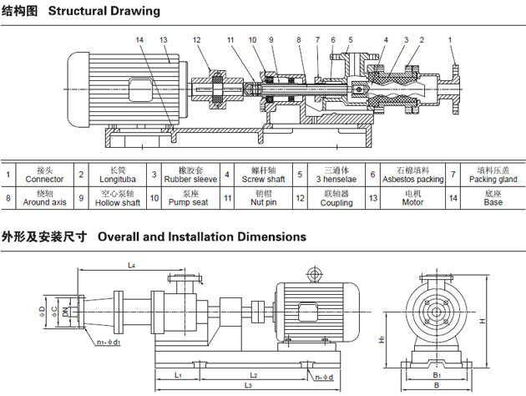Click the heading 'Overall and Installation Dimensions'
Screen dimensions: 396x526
[x=202, y=237]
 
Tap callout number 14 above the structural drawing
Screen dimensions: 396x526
[x=139, y=40]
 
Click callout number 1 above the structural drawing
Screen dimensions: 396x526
[x=450, y=40]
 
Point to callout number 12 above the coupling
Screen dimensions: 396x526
[x=196, y=40]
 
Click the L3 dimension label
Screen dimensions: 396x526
[x=249, y=385]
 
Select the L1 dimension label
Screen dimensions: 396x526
[x=179, y=375]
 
